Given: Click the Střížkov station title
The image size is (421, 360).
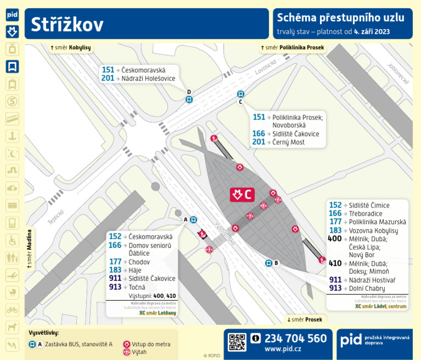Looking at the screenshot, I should coord(67,24).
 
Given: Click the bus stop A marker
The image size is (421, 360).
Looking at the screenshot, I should coord(194,220).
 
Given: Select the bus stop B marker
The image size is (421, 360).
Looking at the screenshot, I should coord(269,263).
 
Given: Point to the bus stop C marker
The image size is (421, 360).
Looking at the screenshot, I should coord(240,94).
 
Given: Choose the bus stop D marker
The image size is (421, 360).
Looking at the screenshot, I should coord(189,99).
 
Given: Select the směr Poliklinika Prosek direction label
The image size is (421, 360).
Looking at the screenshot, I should coord(293,48).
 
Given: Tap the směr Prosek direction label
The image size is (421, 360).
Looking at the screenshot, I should coord(305,319).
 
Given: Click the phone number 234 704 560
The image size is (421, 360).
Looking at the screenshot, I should coord(295,338).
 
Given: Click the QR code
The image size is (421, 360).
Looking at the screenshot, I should coord(237,342).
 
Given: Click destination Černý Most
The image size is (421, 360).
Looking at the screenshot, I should coord(289,142).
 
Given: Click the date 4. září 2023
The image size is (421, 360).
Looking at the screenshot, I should coord(372,31).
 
